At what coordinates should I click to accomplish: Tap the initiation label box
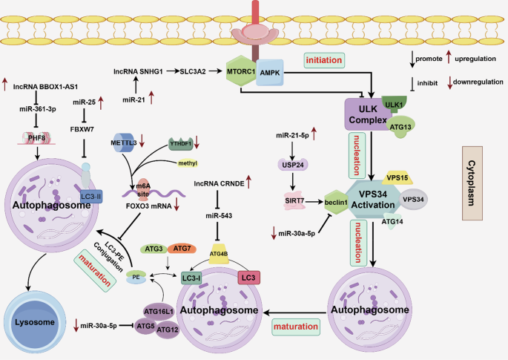[327, 59]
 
